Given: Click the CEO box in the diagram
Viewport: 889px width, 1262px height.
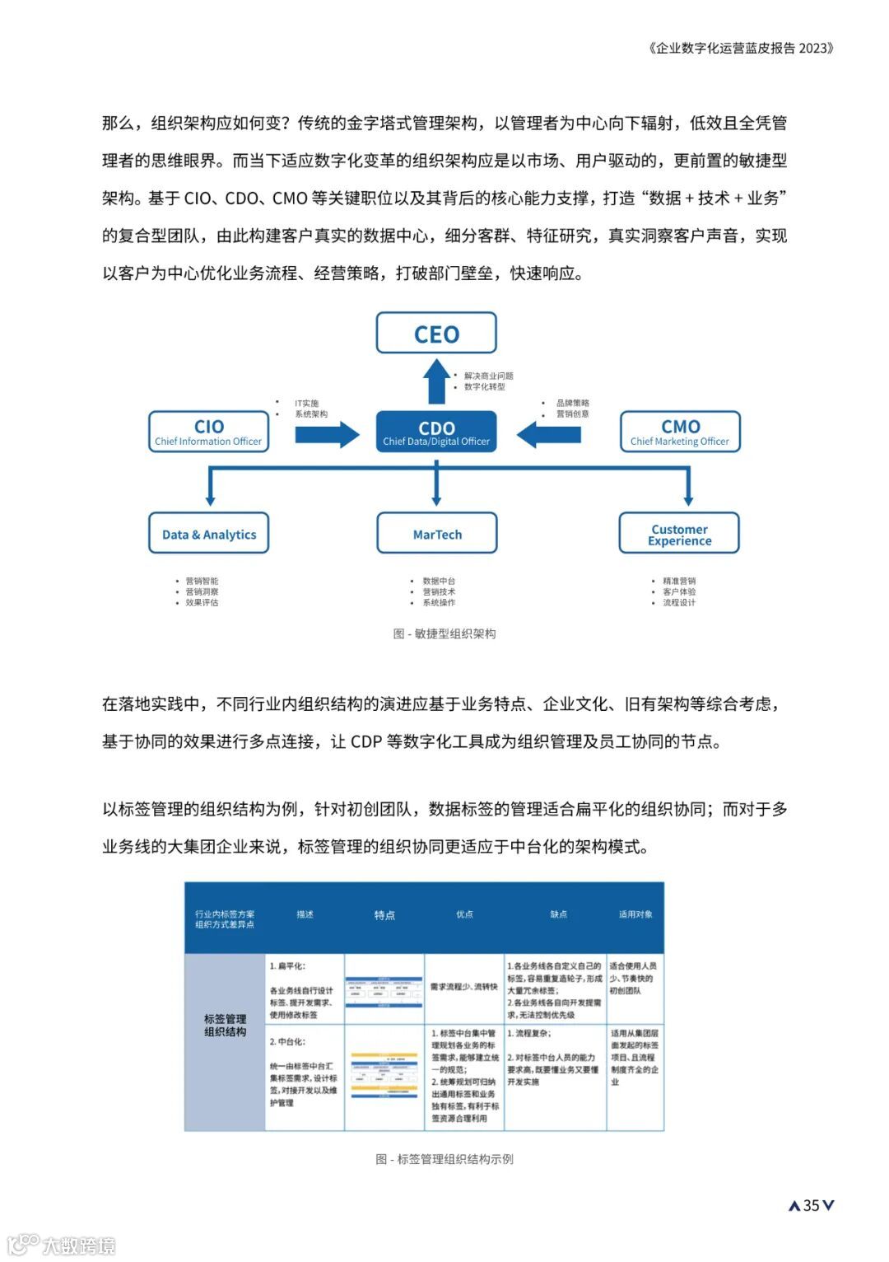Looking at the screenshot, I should pyautogui.click(x=436, y=334).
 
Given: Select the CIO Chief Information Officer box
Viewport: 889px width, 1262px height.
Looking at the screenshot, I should pyautogui.click(x=208, y=432).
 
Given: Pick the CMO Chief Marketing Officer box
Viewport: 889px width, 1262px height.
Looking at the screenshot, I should pyautogui.click(x=680, y=432).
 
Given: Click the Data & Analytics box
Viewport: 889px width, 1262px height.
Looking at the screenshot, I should pyautogui.click(x=209, y=534).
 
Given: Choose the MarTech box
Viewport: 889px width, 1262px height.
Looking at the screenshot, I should pyautogui.click(x=437, y=534).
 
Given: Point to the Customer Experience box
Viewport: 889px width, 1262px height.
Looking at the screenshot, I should pyautogui.click(x=679, y=534).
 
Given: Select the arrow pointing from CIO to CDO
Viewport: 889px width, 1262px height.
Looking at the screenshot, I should pyautogui.click(x=327, y=434).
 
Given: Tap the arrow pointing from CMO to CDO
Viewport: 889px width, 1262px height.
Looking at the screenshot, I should pyautogui.click(x=548, y=434).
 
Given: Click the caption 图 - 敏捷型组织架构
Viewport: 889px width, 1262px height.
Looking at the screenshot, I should pyautogui.click(x=444, y=633).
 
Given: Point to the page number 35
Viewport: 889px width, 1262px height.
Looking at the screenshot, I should pyautogui.click(x=812, y=1205).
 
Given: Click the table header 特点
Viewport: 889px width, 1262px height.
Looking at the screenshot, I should pyautogui.click(x=384, y=915).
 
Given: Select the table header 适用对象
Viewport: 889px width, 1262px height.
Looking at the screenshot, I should pyautogui.click(x=635, y=914).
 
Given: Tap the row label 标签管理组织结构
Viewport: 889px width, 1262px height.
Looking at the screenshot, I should pyautogui.click(x=225, y=1025).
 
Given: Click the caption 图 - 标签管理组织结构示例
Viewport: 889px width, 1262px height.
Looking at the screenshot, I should pyautogui.click(x=444, y=1159).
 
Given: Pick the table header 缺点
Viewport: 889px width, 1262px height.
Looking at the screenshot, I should pyautogui.click(x=558, y=914).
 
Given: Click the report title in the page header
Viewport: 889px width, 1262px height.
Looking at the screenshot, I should pyautogui.click(x=741, y=48).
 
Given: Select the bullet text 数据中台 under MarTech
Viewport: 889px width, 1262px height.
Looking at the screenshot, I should pyautogui.click(x=439, y=581).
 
